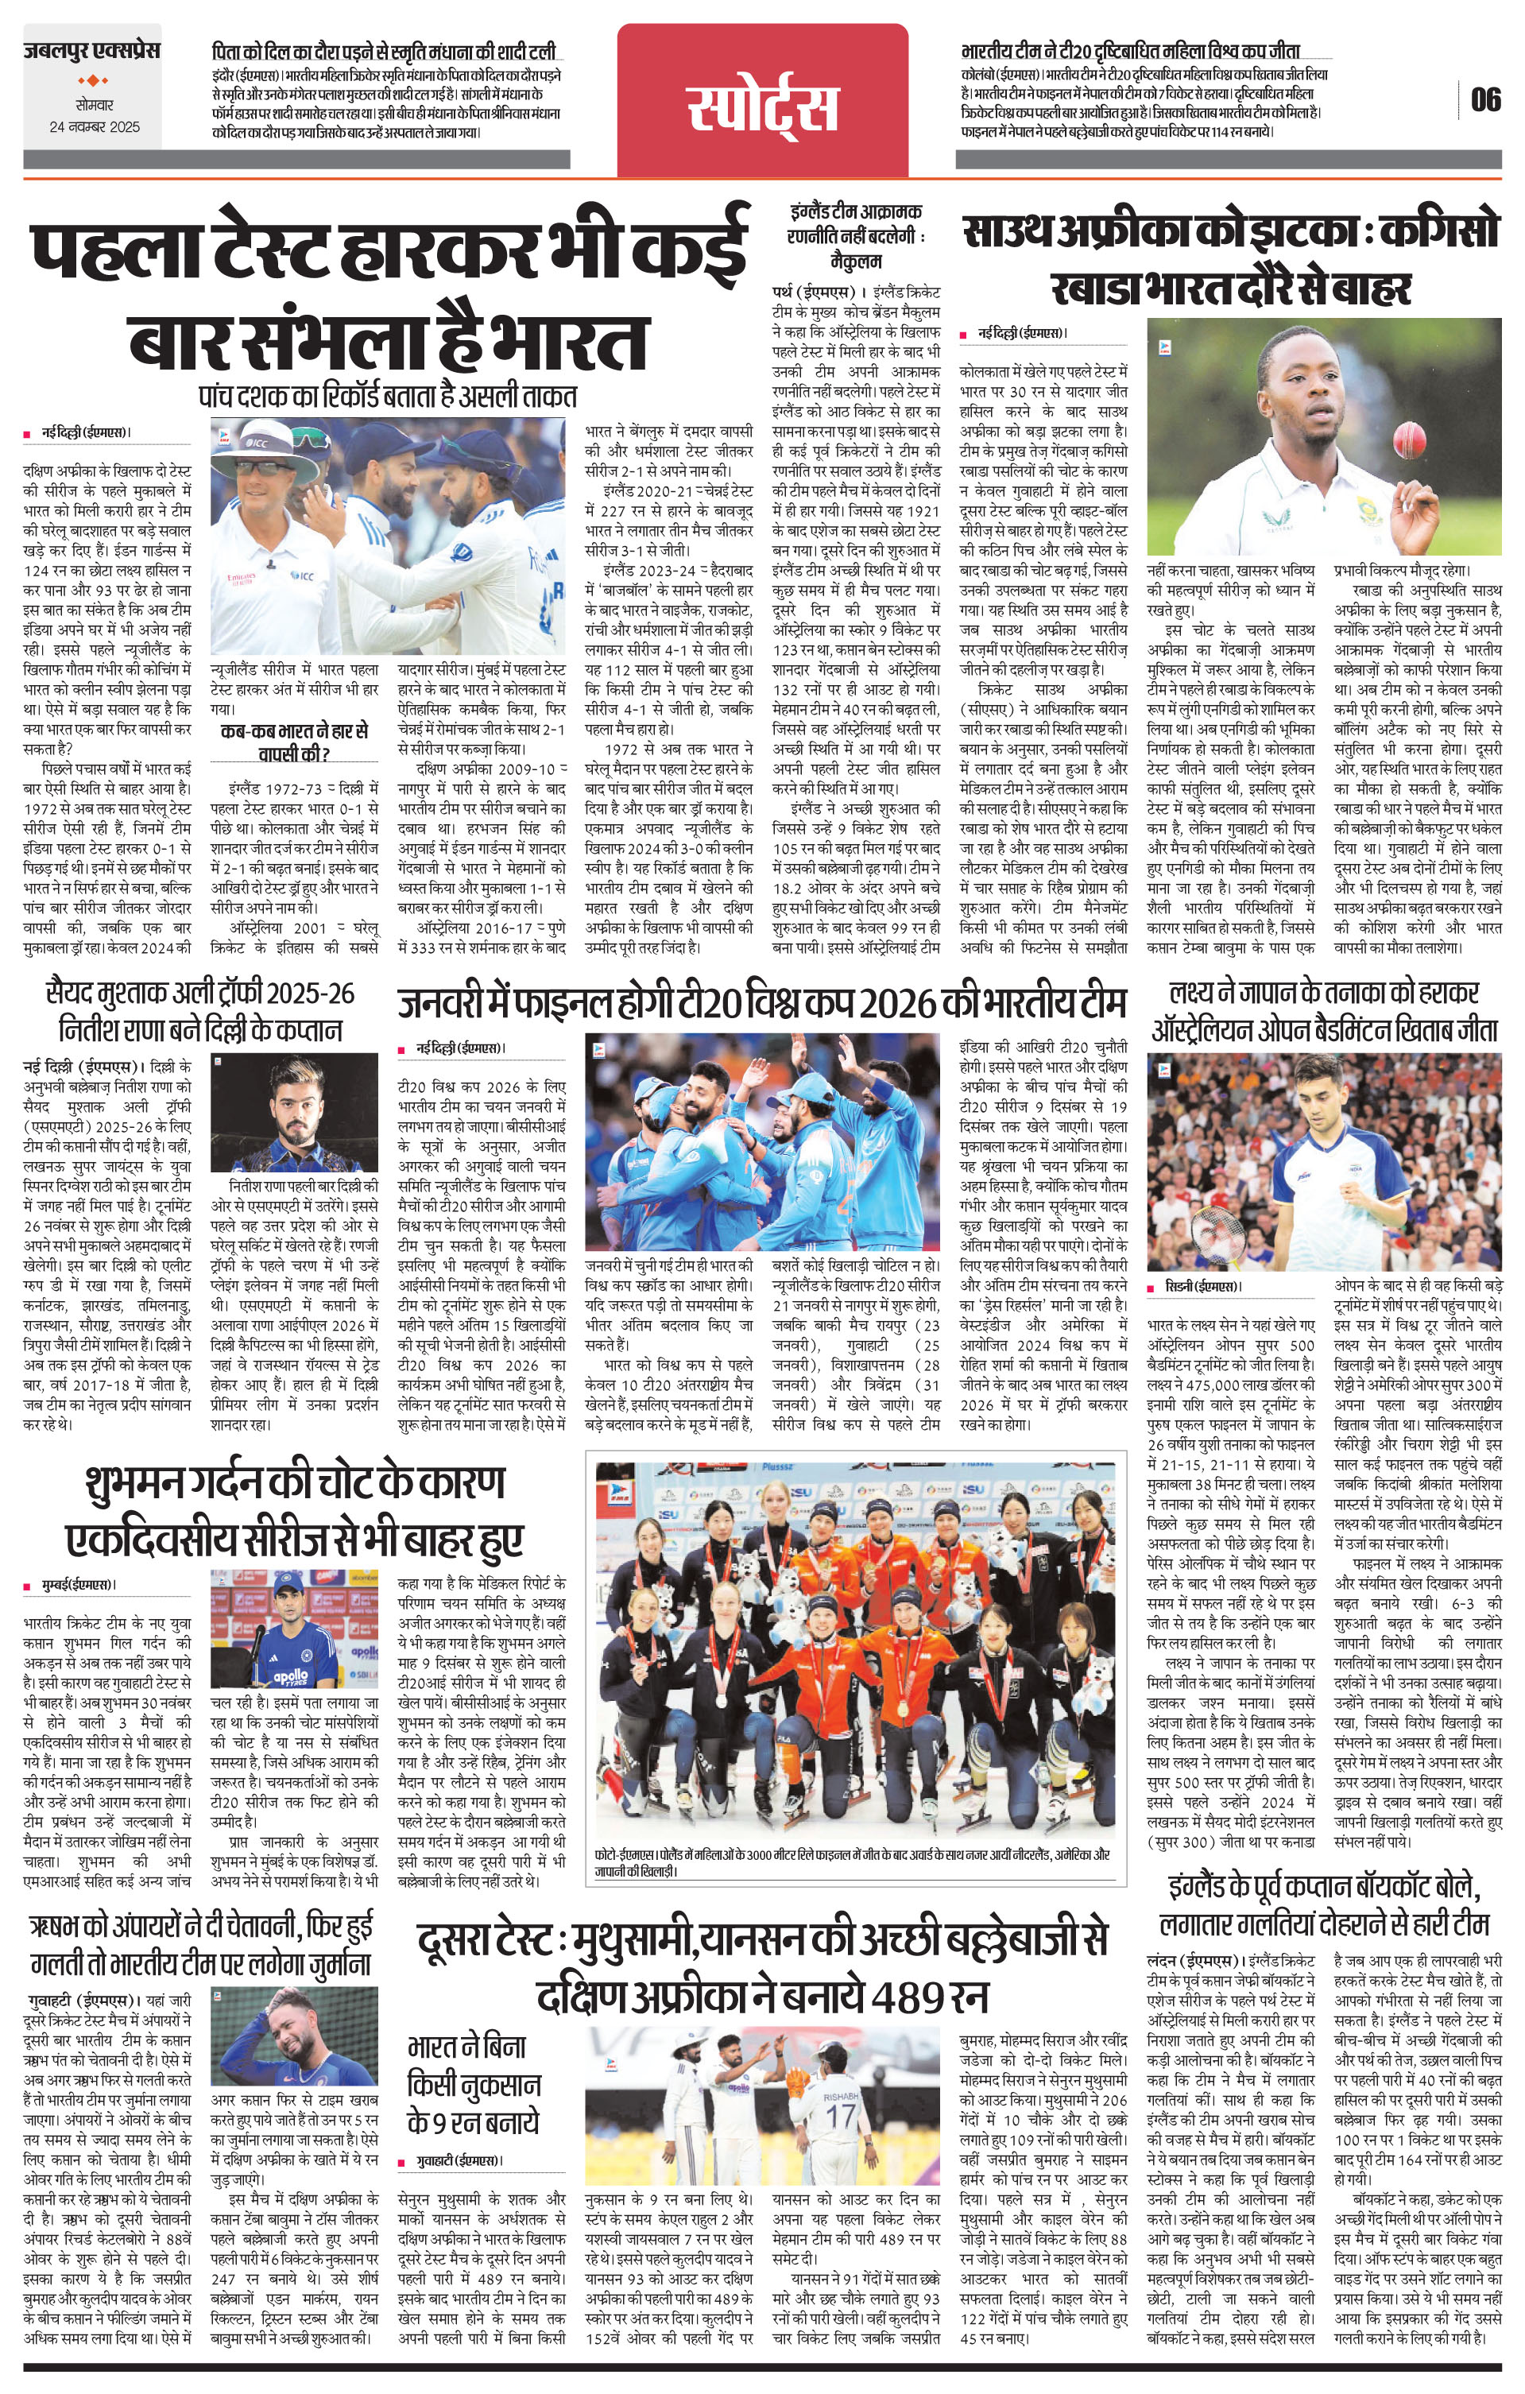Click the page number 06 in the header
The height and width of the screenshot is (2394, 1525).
tap(1486, 99)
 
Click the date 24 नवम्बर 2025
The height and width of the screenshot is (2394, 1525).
tap(95, 127)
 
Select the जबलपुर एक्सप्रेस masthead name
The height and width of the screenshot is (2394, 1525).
tap(92, 51)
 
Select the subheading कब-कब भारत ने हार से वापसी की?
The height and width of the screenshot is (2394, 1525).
tap(294, 742)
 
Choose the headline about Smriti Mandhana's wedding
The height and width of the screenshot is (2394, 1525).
tap(385, 52)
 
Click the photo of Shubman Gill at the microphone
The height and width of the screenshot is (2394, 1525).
tap(294, 1633)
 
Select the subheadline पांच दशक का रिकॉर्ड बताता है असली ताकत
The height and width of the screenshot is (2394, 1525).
tap(388, 397)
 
